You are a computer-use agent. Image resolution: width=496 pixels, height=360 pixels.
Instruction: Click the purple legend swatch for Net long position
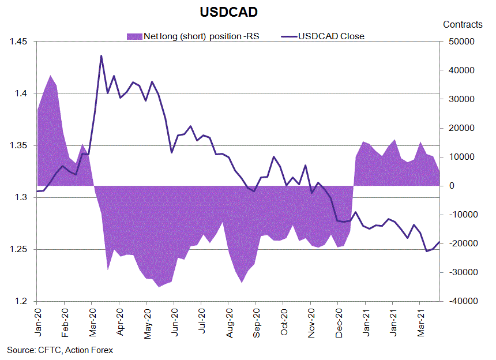pyautogui.click(x=134, y=36)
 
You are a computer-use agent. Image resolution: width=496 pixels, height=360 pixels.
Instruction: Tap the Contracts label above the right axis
pyautogui.click(x=463, y=24)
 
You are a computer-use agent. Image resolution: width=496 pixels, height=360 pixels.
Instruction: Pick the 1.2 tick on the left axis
pyautogui.click(x=18, y=301)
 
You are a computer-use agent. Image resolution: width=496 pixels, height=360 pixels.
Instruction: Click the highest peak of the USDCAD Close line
pyautogui.click(x=101, y=56)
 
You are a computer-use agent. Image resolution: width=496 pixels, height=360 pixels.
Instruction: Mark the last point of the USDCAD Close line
pyautogui.click(x=439, y=242)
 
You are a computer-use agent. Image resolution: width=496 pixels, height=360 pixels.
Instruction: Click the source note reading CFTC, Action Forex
pyautogui.click(x=60, y=350)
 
